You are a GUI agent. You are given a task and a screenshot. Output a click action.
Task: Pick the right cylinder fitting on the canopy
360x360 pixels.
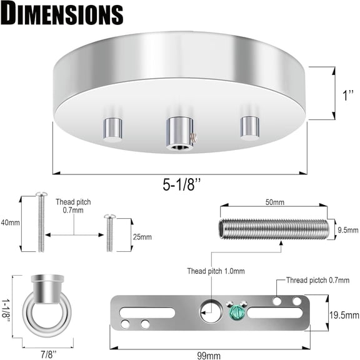[x=249, y=127]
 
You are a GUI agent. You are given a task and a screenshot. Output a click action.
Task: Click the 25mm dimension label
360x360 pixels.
[x=142, y=237]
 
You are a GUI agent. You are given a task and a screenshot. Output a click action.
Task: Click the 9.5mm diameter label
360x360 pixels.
[x=347, y=229]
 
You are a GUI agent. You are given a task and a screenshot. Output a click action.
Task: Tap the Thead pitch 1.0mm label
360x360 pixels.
[x=216, y=271]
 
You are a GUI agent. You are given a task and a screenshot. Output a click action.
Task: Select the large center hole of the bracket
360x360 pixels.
[x=208, y=308]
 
